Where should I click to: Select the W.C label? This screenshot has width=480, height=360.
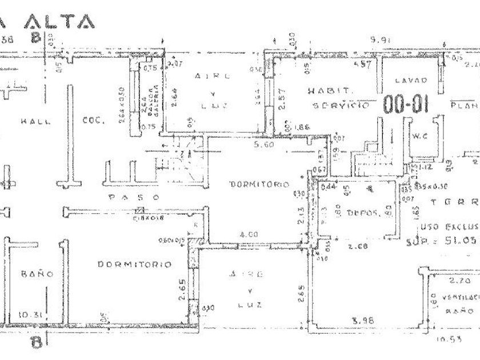(x=421, y=135)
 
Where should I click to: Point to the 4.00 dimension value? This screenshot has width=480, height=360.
(x=249, y=234)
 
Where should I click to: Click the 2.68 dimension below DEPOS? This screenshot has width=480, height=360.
(x=358, y=247)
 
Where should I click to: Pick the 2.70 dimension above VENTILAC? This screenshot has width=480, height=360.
(x=457, y=282)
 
